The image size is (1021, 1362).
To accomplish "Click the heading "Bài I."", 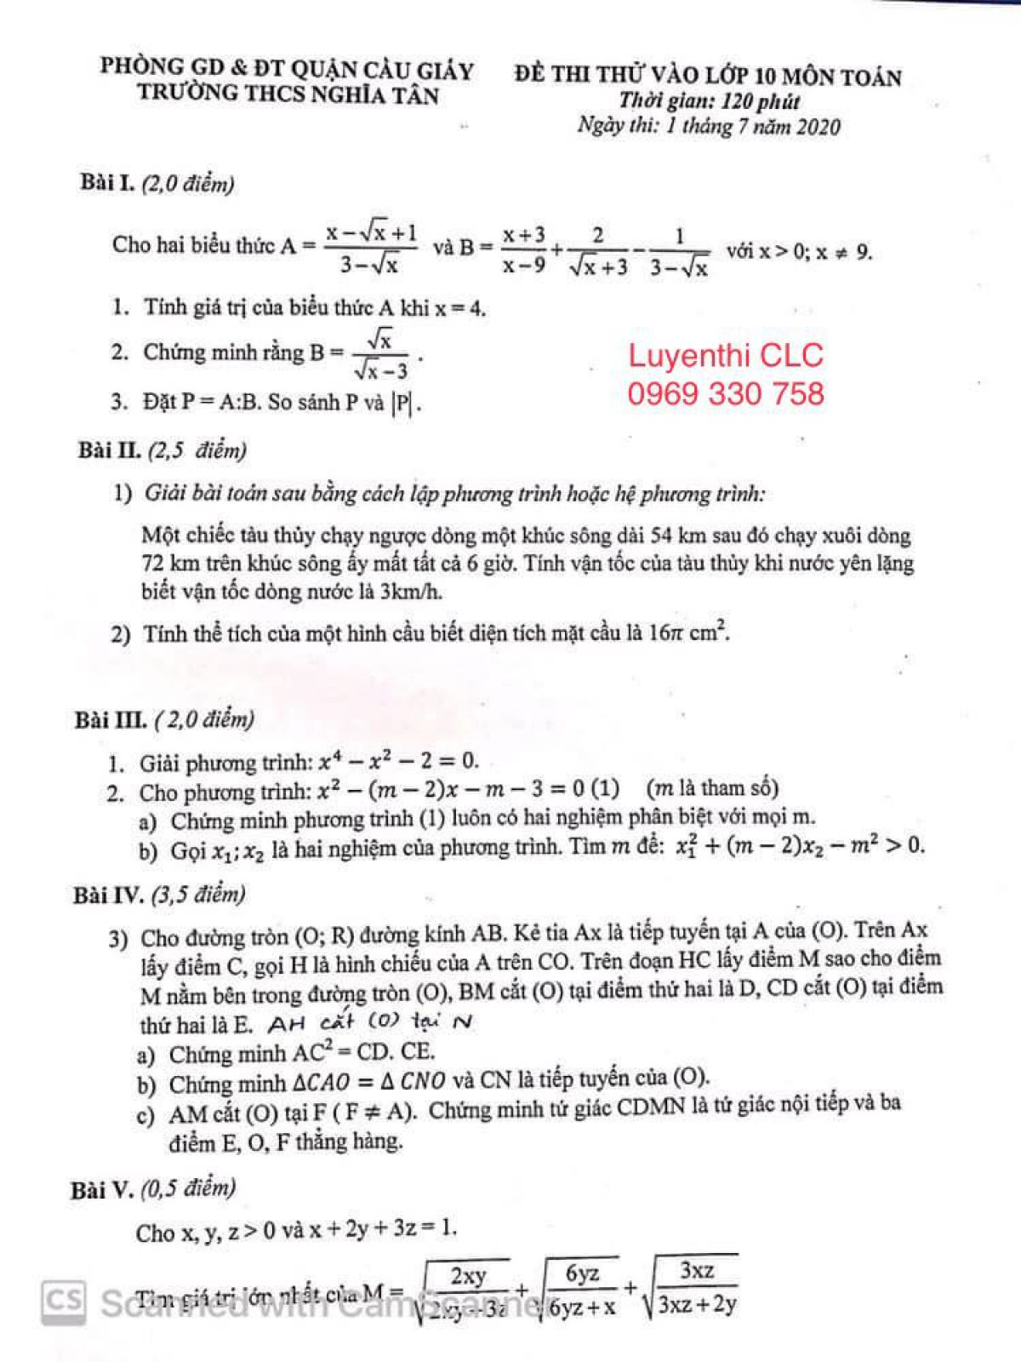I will point(107,183).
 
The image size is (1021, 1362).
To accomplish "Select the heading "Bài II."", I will point(110,449).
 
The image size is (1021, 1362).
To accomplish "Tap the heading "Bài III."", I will point(111,720).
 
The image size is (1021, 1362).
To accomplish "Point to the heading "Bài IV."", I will point(108,896).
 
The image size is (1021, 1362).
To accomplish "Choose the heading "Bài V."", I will point(101,1189).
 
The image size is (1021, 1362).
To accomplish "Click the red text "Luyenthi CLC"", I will point(726,355).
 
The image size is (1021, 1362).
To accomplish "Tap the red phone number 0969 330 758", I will point(726,394).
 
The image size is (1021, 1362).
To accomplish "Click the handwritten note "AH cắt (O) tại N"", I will point(369,1021).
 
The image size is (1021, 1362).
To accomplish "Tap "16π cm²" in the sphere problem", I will point(688,632).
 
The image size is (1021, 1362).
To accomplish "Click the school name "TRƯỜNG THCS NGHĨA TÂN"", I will point(288,93).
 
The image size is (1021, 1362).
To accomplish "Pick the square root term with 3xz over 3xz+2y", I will point(691,1285).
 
